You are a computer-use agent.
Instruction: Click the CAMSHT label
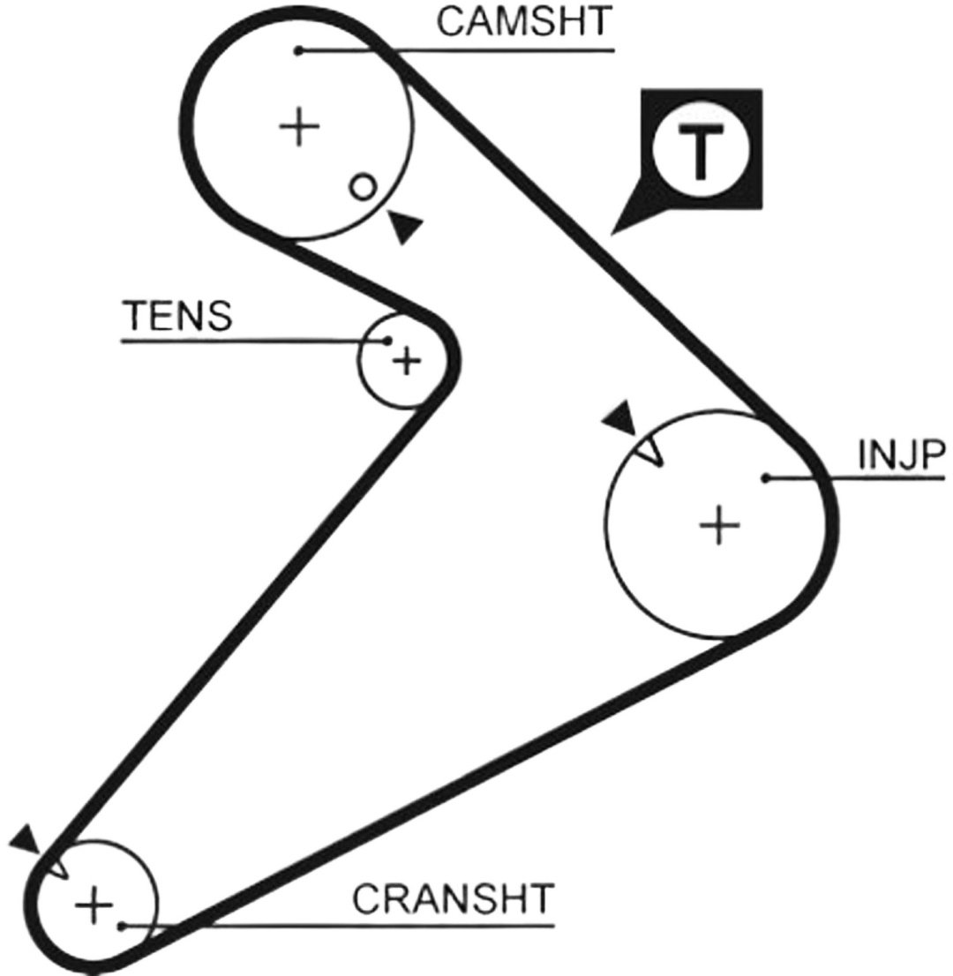525,21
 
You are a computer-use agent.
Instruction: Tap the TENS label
178,315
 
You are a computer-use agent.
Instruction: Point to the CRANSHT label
454,898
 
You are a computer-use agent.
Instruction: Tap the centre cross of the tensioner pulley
407,361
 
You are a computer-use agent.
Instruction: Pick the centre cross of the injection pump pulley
719,525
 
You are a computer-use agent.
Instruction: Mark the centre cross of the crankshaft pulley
94,905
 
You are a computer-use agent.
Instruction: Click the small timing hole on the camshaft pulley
363,187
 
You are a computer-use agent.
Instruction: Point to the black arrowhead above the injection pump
620,417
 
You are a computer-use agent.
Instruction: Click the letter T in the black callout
702,150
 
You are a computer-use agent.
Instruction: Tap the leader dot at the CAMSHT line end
299,50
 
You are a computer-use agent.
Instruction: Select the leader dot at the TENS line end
387,341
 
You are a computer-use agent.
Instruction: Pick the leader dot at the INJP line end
767,478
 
